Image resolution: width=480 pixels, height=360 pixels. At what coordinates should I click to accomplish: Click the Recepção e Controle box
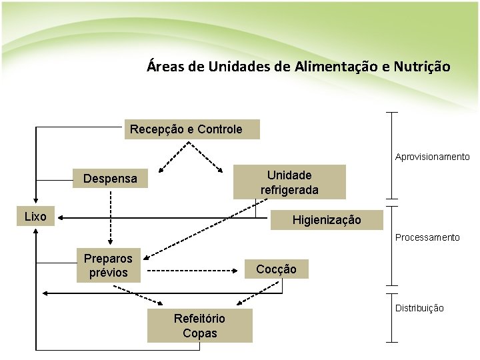tap(192, 129)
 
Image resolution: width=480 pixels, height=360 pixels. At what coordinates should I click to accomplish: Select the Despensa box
tap(110, 179)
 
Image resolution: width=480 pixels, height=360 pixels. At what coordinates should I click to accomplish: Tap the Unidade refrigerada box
tap(289, 182)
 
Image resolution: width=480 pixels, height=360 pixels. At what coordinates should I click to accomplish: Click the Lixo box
tap(35, 217)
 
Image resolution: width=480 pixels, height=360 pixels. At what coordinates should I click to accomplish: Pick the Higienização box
tap(327, 219)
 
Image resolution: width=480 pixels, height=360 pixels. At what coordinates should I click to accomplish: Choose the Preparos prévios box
tap(108, 265)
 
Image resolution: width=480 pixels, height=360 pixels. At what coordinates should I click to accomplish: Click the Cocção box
tap(276, 269)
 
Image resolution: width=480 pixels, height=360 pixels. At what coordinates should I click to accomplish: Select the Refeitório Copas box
tap(199, 326)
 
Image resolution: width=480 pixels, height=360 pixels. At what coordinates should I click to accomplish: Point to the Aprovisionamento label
tap(432, 157)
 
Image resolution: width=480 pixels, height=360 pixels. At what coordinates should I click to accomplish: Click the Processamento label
tap(427, 237)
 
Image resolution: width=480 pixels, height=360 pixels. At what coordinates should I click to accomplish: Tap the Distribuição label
tap(419, 308)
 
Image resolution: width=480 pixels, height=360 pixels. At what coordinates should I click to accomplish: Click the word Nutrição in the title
tap(421, 67)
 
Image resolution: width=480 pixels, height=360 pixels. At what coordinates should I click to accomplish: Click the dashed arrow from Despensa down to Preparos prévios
tap(111, 213)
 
